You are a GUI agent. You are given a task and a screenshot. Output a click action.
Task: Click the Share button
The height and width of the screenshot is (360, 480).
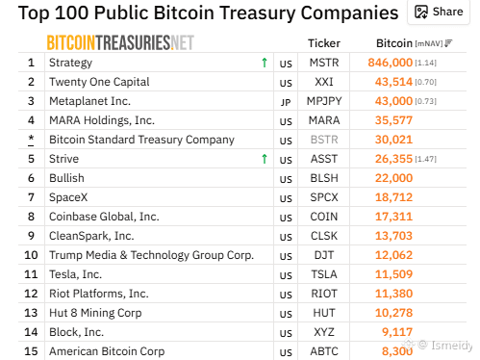(439, 13)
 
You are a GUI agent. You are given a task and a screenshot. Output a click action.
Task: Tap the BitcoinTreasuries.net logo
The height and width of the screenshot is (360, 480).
(120, 42)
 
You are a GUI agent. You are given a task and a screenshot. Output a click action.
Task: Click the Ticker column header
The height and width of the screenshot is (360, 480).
(324, 43)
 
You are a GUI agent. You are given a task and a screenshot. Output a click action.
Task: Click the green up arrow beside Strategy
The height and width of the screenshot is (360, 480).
(265, 63)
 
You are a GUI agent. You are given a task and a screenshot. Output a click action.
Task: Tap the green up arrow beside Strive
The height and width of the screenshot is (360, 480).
(265, 159)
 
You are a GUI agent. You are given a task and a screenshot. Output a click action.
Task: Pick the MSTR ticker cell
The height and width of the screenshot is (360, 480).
(324, 63)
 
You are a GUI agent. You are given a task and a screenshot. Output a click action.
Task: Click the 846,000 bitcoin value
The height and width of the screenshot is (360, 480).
(390, 63)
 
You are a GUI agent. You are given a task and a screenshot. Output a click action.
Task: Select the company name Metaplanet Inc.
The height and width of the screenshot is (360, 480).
(89, 101)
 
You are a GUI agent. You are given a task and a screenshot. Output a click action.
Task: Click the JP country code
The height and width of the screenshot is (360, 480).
(286, 102)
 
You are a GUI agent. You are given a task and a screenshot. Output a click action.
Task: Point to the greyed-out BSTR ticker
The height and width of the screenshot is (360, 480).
(324, 140)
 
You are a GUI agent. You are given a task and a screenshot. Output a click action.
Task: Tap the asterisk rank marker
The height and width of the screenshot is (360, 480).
(31, 140)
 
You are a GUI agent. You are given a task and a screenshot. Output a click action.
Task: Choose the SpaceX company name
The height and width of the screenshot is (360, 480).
(68, 197)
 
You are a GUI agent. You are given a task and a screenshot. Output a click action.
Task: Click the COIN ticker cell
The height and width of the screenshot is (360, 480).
(324, 217)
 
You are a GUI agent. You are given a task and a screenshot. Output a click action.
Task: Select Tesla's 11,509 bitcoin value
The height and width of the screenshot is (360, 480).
(393, 274)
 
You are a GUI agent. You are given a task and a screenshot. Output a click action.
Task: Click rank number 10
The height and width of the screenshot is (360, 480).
(31, 255)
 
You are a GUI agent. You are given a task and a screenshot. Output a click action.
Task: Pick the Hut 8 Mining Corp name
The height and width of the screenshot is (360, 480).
(95, 313)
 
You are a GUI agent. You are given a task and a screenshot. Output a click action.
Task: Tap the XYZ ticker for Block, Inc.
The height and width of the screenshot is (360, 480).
(324, 332)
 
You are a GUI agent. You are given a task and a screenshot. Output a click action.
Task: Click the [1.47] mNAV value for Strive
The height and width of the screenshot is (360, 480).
(426, 159)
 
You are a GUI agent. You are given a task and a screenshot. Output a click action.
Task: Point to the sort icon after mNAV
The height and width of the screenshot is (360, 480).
(448, 43)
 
